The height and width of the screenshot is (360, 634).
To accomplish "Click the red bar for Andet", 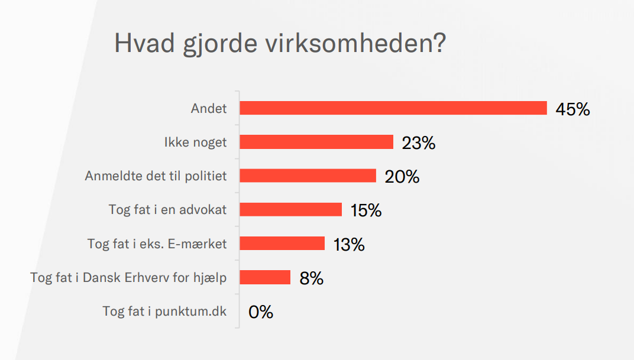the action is [x=393, y=108].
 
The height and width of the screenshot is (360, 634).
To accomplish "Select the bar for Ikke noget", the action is [x=316, y=142].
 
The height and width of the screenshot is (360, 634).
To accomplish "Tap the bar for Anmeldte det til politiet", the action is [x=308, y=176].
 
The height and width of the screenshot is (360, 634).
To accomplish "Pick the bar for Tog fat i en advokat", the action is [x=291, y=209].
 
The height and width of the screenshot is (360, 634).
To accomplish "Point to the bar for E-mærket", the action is [x=282, y=243].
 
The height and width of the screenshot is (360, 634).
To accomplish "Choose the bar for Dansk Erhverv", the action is [x=265, y=277].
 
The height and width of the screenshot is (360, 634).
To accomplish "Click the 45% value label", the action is [x=572, y=109].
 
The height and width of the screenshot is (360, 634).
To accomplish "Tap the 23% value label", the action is [x=419, y=143].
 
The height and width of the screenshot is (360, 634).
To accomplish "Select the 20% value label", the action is [x=402, y=177].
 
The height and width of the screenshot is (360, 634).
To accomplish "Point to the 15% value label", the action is [x=366, y=210].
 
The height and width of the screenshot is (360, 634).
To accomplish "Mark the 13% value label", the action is [x=349, y=245].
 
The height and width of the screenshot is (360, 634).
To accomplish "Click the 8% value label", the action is [x=311, y=278].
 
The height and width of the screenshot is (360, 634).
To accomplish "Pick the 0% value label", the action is [x=261, y=312].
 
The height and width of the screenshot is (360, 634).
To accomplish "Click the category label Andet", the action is [x=209, y=108].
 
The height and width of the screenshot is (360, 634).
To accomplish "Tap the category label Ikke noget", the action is [x=195, y=142].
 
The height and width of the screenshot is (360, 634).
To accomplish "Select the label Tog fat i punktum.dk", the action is [x=164, y=312].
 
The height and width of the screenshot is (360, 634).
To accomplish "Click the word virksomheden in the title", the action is [x=356, y=43].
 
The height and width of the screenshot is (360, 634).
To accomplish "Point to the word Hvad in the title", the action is [x=144, y=43].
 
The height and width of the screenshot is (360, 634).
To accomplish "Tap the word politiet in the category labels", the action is [x=205, y=176].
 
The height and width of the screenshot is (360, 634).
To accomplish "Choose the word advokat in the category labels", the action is [x=203, y=210].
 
